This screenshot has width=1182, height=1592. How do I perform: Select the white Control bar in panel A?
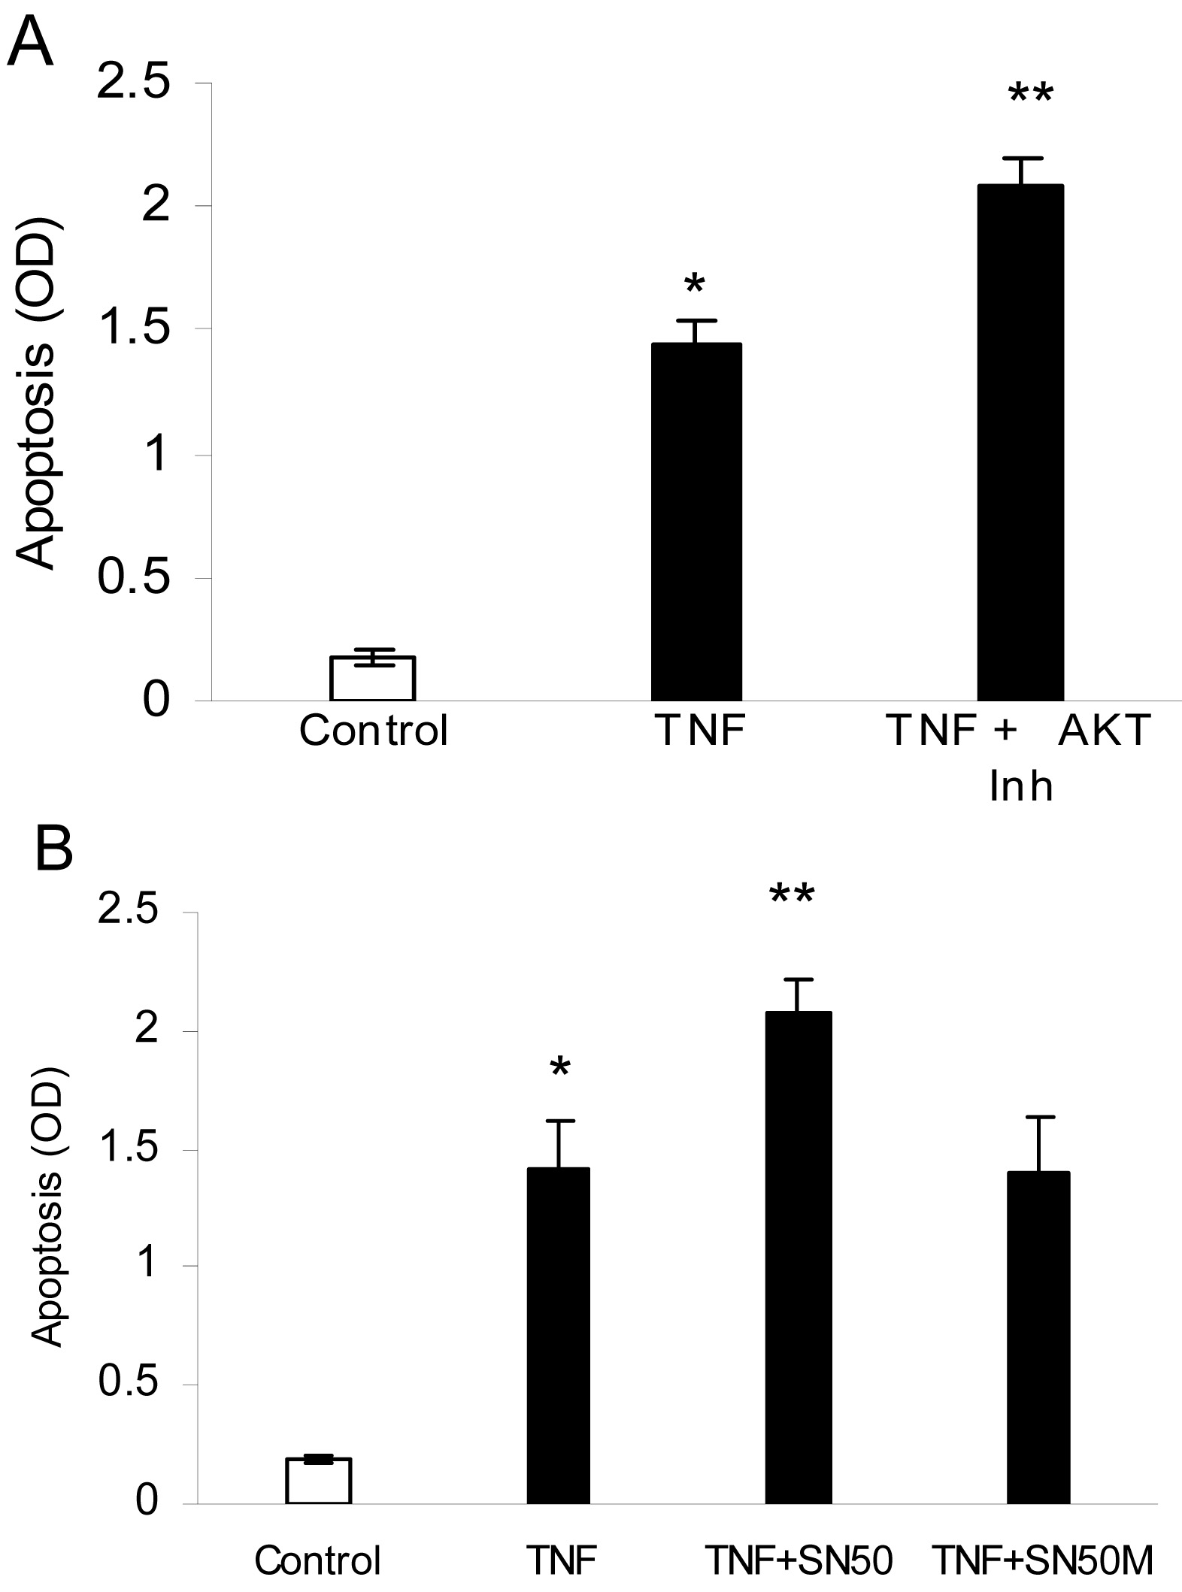(x=373, y=679)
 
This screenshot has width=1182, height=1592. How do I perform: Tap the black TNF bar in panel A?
(x=696, y=522)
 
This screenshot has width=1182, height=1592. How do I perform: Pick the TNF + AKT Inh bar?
(x=1020, y=443)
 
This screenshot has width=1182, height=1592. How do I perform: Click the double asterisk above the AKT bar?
(x=1031, y=96)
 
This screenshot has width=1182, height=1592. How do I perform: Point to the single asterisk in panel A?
(x=694, y=286)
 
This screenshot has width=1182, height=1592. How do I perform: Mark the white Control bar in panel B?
(x=319, y=1480)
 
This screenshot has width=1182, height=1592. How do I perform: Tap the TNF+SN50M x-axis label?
(x=1042, y=1560)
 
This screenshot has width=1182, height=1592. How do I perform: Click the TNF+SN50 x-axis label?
(x=799, y=1560)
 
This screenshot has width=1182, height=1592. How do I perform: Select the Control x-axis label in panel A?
(x=374, y=730)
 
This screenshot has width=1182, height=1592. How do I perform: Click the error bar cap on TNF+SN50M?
(x=1038, y=1117)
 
